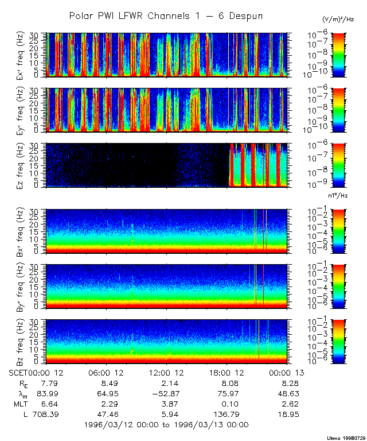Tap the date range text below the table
tap(166, 424)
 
